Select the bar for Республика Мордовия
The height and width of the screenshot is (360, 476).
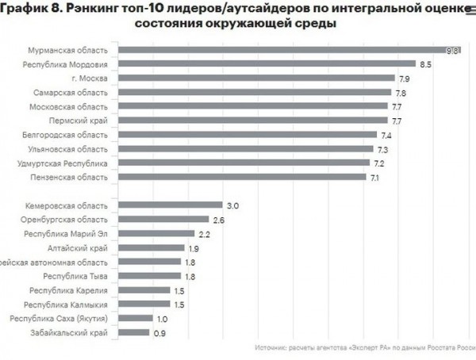270,64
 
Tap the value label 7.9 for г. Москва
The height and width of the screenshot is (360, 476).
403,79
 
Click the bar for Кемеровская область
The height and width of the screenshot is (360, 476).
173,205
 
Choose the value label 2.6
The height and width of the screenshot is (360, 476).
218,220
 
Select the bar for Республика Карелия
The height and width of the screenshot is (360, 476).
148,290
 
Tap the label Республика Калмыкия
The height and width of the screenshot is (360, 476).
71,304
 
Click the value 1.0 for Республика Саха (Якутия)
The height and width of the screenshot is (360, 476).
163,319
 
